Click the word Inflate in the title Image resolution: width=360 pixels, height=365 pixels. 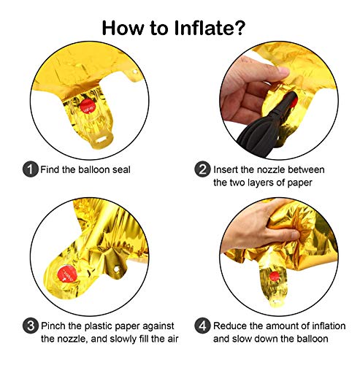pos(202,28)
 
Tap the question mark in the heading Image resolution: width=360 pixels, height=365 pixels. pos(237,28)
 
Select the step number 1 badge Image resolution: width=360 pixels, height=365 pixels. pos(31,169)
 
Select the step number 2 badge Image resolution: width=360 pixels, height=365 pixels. pos(202,169)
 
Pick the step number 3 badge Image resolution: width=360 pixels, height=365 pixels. pos(31,326)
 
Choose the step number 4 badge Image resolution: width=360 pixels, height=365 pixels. pos(202,326)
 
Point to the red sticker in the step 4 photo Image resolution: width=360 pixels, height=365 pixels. pos(275,277)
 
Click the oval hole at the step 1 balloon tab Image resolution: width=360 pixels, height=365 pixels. pos(102,139)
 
